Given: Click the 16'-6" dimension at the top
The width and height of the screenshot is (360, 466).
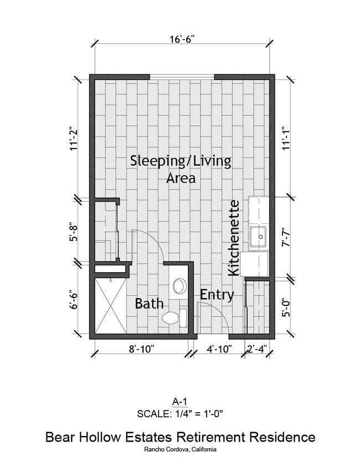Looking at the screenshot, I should (x=182, y=39).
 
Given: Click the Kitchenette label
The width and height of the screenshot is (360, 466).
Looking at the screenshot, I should (x=234, y=238).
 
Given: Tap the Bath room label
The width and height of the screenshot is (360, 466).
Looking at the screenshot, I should (x=149, y=304).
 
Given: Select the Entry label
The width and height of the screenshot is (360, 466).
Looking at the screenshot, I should (x=217, y=295).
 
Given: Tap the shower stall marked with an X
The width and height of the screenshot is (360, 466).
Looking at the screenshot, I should (x=110, y=306).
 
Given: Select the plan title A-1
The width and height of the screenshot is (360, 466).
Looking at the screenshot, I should (x=180, y=402).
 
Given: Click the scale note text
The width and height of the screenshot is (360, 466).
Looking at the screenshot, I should (x=180, y=413).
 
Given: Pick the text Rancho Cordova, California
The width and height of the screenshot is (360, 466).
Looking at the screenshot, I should (x=180, y=449).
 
